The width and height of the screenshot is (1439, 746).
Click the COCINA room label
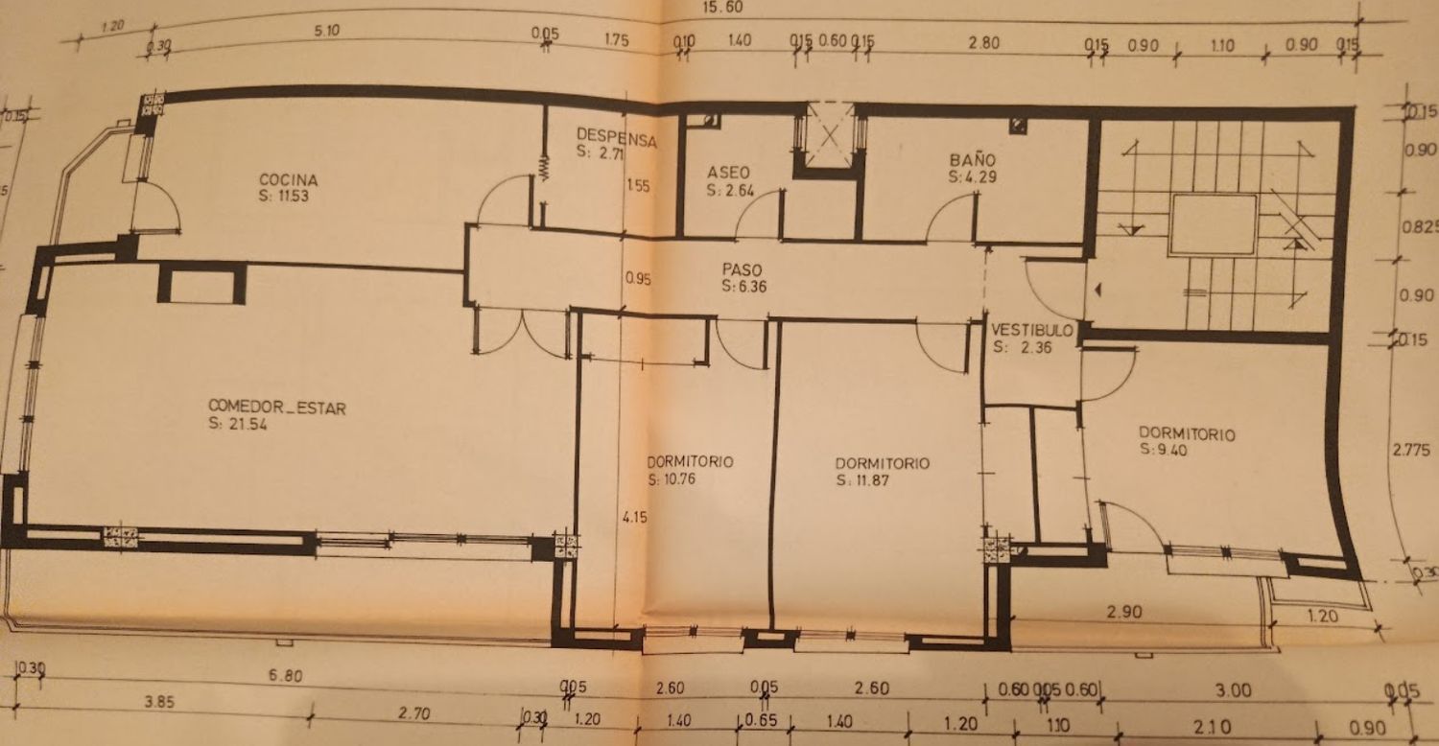pos(288,179)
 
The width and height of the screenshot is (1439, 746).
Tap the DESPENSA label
pos(617,137)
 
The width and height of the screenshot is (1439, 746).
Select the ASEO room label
pos(728,173)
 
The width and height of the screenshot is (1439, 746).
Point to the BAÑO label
pos(973,159)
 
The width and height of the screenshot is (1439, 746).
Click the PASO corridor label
pos(742,269)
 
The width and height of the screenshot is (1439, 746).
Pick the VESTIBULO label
pos(1032,330)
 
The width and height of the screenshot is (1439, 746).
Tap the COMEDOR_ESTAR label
pos(277,407)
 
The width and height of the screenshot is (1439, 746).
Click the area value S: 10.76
pos(672,478)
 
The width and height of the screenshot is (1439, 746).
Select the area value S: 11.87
pos(862,480)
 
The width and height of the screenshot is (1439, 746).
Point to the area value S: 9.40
pos(1164,450)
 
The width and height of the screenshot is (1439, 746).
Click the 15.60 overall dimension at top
pos(722,7)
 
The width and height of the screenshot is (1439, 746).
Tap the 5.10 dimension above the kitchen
pos(326,31)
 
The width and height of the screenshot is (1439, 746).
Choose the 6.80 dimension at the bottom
pos(285,675)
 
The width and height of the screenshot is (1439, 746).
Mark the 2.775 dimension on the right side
pos(1411,450)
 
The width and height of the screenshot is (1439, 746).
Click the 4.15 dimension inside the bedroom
pos(635,517)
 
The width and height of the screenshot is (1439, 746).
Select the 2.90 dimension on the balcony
pos(1124,612)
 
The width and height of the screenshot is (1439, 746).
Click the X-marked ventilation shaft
pos(830,136)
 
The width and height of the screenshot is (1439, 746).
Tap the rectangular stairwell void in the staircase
pos(1213,224)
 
